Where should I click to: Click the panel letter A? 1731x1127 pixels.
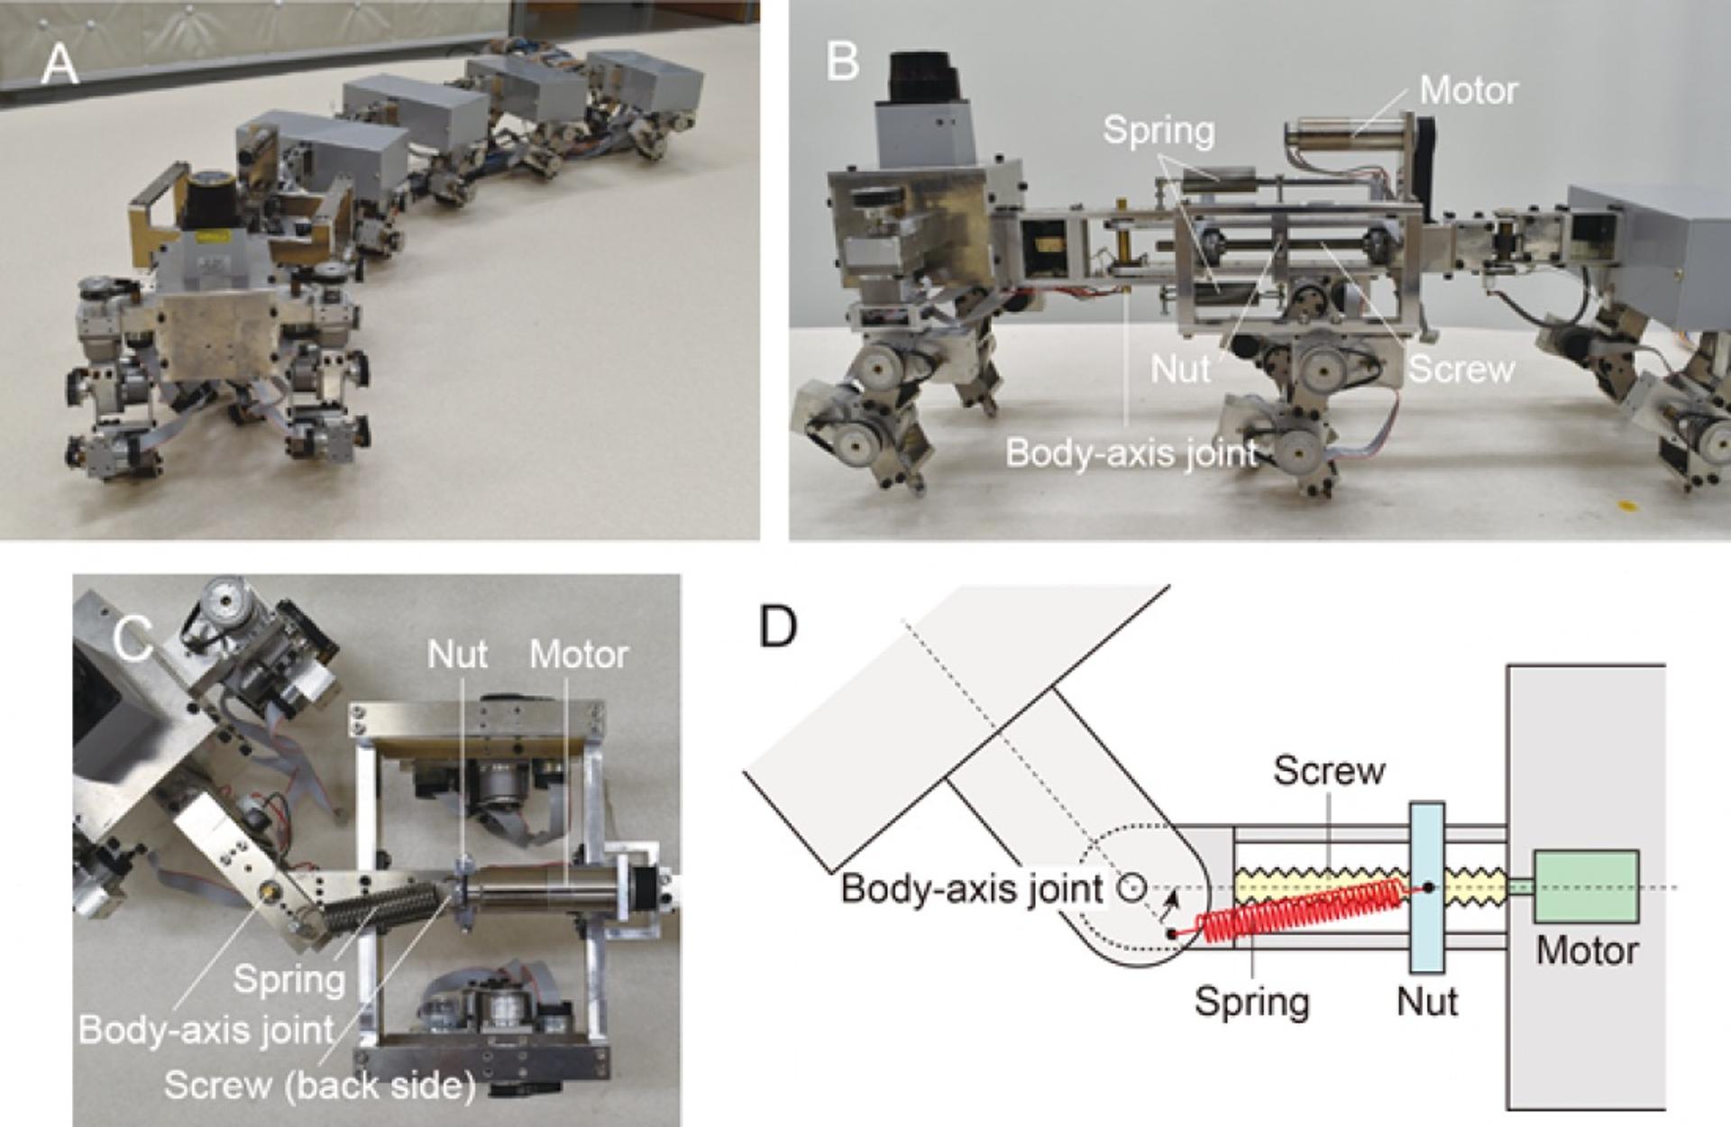tap(60, 64)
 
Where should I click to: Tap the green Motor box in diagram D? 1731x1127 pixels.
tap(1586, 886)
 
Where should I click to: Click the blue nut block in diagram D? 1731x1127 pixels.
tap(1426, 888)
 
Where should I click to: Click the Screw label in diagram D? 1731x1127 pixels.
tap(1329, 771)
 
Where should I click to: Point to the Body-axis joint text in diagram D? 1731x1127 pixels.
tap(972, 889)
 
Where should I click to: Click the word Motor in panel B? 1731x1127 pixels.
tap(1468, 90)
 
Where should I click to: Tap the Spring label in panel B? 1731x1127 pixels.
tap(1159, 131)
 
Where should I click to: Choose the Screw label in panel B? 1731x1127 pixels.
tap(1461, 369)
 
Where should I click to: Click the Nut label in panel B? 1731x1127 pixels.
tap(1180, 369)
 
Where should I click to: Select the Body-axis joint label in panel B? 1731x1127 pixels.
tap(1131, 453)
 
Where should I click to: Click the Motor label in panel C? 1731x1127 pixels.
tap(578, 655)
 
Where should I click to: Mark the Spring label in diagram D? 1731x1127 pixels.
tap(1251, 1001)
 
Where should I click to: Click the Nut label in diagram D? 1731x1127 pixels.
tap(1427, 1001)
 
